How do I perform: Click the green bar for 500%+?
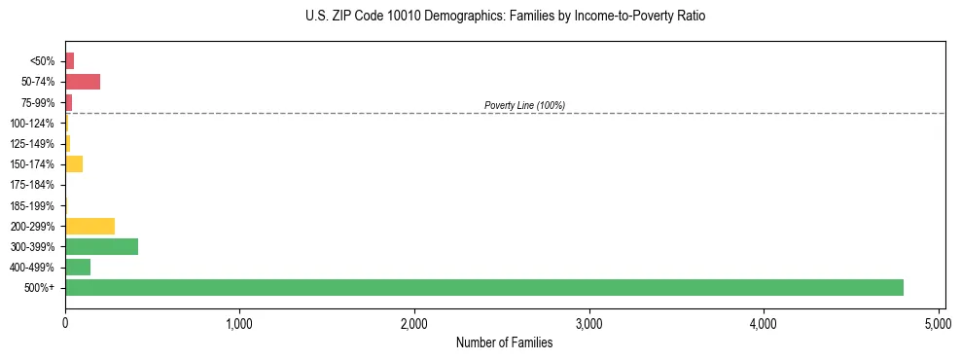click(x=484, y=287)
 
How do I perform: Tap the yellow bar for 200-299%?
click(x=89, y=226)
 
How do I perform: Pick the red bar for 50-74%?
click(x=83, y=82)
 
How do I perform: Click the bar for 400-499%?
click(x=78, y=267)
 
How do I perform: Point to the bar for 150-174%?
click(x=74, y=163)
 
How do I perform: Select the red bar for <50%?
click(x=69, y=61)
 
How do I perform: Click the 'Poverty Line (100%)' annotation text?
click(x=524, y=105)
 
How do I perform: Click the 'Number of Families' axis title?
click(x=504, y=342)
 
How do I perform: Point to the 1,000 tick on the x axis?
click(x=239, y=322)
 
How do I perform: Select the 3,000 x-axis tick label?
click(x=588, y=322)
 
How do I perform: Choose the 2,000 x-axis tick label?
click(x=414, y=322)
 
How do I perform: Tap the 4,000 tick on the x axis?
click(x=764, y=322)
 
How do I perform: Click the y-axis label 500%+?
click(x=40, y=288)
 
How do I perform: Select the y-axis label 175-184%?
click(x=32, y=185)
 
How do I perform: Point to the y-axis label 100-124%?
click(x=32, y=124)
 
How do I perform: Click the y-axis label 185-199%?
click(x=32, y=205)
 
